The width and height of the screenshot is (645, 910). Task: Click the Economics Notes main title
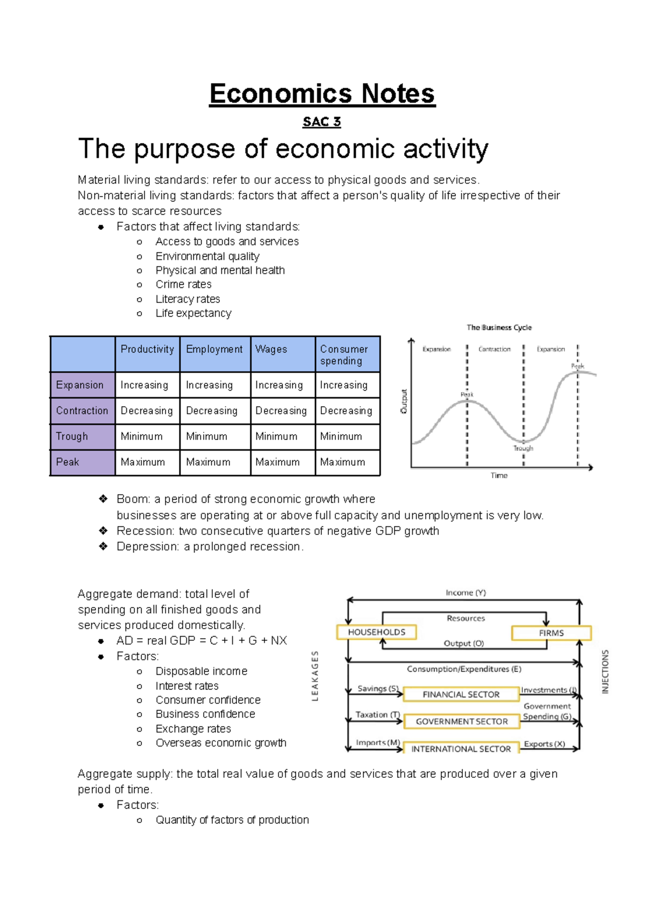click(x=322, y=94)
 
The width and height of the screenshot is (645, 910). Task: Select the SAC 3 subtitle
click(x=321, y=122)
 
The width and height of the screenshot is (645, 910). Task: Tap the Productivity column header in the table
click(x=147, y=350)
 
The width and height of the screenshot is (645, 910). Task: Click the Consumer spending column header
click(x=344, y=355)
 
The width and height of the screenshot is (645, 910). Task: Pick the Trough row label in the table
click(x=72, y=437)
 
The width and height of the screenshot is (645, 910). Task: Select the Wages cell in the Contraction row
click(x=281, y=411)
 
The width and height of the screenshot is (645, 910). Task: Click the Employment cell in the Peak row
click(x=208, y=462)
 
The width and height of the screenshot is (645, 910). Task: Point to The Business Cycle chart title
click(x=499, y=328)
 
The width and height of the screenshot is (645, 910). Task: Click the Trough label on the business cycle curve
click(x=523, y=449)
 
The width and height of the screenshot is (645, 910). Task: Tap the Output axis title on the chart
click(x=404, y=401)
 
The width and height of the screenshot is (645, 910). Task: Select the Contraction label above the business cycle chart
click(x=494, y=349)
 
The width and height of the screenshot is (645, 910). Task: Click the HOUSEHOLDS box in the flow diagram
click(x=376, y=632)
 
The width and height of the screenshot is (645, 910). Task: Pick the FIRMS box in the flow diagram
click(x=551, y=633)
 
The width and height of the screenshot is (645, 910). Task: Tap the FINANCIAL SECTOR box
click(x=461, y=695)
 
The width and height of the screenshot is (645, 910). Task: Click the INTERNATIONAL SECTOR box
click(x=461, y=749)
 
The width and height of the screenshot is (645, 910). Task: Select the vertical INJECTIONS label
click(x=605, y=671)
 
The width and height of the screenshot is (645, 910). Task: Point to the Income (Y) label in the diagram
click(x=465, y=593)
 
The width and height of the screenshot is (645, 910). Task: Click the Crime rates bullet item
click(x=183, y=285)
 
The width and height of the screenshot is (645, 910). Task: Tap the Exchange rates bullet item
click(x=193, y=729)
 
